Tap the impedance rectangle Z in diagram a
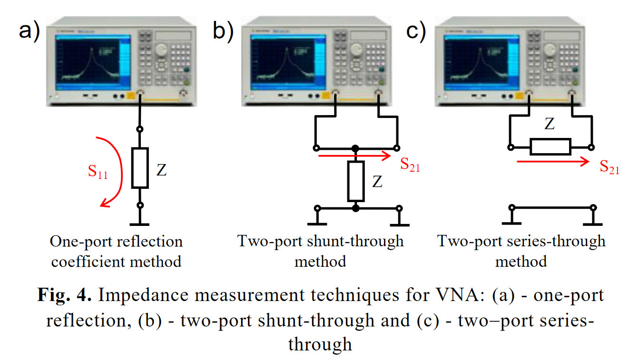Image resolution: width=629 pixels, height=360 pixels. (140, 167)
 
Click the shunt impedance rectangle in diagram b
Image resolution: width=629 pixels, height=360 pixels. (356, 181)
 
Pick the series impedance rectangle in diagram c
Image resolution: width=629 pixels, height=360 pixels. (550, 147)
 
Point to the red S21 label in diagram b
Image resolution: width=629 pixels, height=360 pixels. (410, 165)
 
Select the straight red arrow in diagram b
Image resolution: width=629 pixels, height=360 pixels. (354, 156)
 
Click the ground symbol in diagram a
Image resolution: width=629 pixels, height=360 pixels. (140, 223)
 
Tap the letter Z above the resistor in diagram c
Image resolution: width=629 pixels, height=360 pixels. (550, 125)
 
